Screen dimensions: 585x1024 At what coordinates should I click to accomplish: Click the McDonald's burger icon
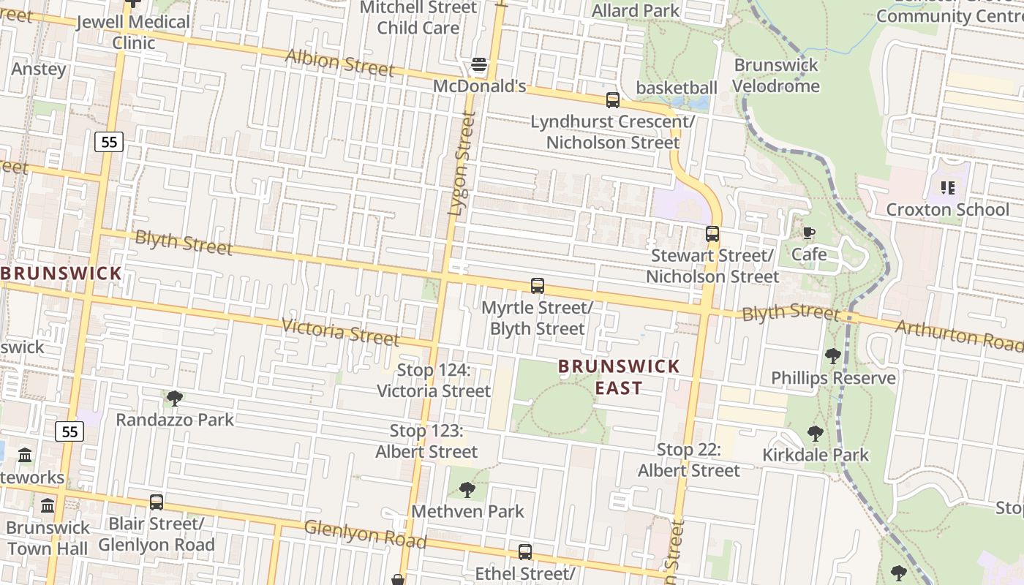479,66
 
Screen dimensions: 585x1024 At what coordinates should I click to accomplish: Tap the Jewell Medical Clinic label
133,32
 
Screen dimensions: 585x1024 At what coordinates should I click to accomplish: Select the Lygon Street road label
461,164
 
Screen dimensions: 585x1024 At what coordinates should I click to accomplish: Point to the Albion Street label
339,63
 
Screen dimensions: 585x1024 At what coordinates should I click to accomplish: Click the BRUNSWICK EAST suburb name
619,377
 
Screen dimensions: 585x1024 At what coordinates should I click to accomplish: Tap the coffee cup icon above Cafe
808,233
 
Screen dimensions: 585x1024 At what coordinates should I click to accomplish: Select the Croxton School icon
948,188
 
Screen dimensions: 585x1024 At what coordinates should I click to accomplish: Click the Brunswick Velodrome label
776,75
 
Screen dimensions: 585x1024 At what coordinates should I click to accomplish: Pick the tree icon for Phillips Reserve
832,356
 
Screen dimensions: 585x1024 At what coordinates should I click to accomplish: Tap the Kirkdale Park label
816,455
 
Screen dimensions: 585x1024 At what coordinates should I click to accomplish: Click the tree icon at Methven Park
467,489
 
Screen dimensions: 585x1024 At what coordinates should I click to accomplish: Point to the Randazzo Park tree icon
174,398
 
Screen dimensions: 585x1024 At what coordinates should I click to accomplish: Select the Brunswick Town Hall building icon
48,505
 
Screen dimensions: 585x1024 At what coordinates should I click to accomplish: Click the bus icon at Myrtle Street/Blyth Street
538,286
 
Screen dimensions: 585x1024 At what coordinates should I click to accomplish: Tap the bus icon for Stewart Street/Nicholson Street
712,234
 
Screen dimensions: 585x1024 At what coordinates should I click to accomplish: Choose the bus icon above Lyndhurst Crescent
612,100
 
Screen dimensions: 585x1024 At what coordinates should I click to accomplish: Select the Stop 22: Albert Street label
688,460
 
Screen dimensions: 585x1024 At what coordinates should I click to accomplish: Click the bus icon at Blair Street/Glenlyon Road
157,502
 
